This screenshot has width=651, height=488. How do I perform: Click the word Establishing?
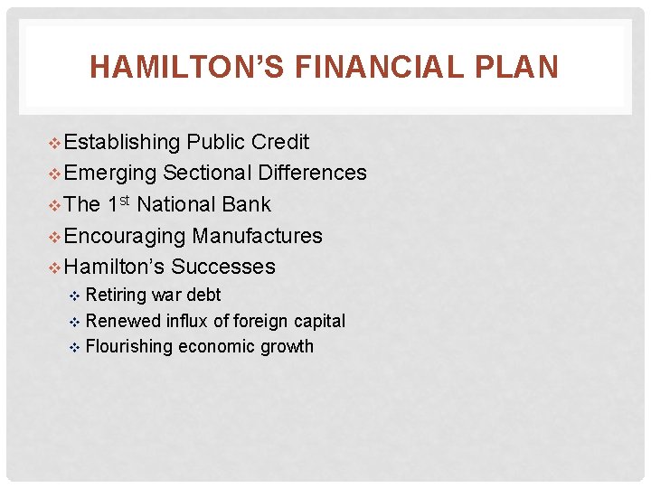[123, 142]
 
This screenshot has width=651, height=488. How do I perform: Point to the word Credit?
[280, 142]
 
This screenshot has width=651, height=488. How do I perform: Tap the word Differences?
[312, 173]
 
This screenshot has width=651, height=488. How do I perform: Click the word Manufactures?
[258, 236]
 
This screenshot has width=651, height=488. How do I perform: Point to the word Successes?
[223, 267]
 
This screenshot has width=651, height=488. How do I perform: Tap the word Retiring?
[115, 296]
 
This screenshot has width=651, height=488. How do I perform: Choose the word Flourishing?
[128, 346]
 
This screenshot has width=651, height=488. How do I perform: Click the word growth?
[288, 346]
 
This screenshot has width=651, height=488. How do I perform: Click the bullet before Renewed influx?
[76, 322]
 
